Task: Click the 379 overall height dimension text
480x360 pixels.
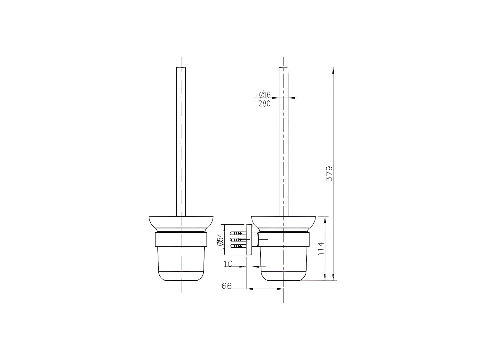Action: (x=329, y=174)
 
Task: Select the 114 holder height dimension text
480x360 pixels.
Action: (x=321, y=248)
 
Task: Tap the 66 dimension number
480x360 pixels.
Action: (x=227, y=286)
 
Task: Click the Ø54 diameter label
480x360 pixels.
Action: (x=220, y=239)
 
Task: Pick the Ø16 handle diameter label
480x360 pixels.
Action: (x=265, y=94)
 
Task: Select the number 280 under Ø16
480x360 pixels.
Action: (x=264, y=104)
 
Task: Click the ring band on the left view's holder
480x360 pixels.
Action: (x=181, y=239)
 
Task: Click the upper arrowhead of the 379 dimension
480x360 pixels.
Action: (x=333, y=70)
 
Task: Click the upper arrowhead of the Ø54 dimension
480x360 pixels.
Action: (x=224, y=227)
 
